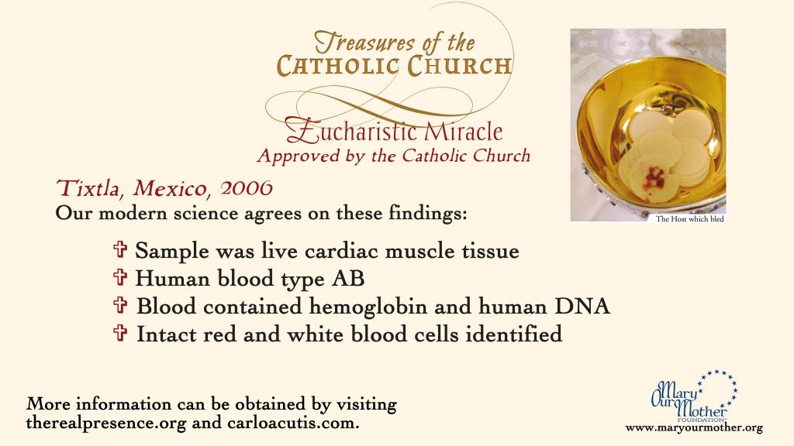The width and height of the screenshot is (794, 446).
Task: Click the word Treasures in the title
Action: [364, 43]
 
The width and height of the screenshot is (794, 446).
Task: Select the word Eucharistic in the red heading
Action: [351, 130]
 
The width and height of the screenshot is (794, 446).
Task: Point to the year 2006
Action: [247, 188]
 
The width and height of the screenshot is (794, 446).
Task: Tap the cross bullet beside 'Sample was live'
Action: [120, 249]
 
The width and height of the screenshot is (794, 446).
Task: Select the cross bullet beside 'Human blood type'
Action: [120, 277]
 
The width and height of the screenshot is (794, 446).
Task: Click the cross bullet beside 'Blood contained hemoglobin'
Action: [120, 305]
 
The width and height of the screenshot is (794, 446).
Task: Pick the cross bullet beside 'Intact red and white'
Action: [120, 333]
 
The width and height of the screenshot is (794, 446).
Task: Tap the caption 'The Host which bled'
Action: [689, 219]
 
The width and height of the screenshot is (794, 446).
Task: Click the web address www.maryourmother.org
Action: [694, 427]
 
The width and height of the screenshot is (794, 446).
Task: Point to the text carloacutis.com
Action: [292, 423]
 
